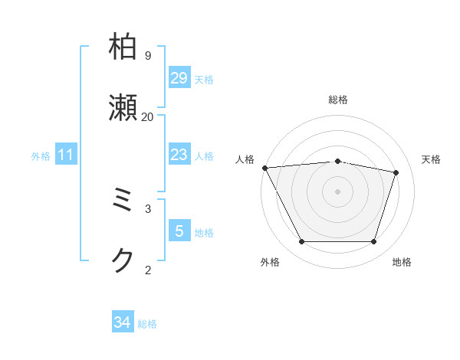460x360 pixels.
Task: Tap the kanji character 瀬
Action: coord(124,107)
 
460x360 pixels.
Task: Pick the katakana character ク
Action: coord(124,260)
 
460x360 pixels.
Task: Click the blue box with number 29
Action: coord(179,78)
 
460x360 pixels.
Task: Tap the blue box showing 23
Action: coord(179,155)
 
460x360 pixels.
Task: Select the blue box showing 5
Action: coord(179,231)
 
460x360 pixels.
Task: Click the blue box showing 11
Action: coord(66,155)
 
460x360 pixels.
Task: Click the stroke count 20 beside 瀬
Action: coord(147,116)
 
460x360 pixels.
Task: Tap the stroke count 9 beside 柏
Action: coord(147,55)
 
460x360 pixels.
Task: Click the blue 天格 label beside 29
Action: coord(204,79)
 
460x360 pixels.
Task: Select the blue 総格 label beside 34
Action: coord(147,323)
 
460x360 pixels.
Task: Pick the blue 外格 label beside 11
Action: coord(41,155)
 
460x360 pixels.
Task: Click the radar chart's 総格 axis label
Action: coord(338,100)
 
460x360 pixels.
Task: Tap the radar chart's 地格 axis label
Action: coord(402,262)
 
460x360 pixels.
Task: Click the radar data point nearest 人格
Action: coord(264,168)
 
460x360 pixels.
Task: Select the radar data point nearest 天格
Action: coord(396,172)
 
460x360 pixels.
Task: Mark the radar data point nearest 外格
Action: coord(301,242)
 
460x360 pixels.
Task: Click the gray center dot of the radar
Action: coord(338,191)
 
